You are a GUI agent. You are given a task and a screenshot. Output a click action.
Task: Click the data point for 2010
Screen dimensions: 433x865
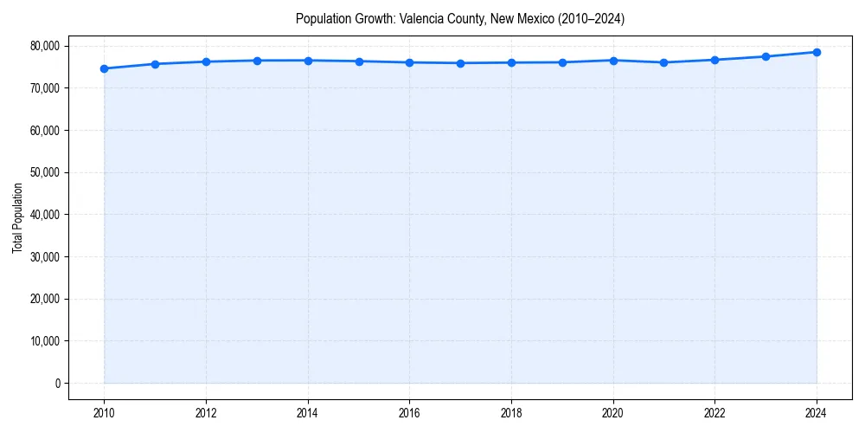104,68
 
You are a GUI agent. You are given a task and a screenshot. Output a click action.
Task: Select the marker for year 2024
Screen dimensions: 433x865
817,52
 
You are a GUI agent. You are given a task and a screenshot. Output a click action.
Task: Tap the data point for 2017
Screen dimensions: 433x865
460,63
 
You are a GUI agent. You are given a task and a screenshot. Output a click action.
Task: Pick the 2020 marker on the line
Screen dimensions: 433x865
613,61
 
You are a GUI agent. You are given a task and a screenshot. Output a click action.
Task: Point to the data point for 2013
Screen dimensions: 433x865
257,61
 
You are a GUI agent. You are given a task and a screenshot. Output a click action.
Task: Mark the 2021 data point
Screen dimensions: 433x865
663,62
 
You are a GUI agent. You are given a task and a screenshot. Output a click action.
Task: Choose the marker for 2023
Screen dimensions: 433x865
766,56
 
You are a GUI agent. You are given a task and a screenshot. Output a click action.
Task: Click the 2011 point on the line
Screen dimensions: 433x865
155,64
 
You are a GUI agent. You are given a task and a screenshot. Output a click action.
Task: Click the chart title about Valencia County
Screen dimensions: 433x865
459,18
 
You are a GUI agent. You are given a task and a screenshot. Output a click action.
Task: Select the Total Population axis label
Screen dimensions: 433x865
17,217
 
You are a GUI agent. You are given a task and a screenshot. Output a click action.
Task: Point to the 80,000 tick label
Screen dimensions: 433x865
45,46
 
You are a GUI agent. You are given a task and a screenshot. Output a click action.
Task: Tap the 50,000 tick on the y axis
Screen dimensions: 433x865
45,172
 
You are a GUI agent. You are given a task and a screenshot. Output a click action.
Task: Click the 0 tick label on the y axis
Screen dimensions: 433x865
57,383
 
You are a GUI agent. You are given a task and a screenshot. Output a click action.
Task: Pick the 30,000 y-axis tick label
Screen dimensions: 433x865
45,256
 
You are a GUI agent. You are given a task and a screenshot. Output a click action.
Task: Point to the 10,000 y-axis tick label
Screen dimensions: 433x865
45,341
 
